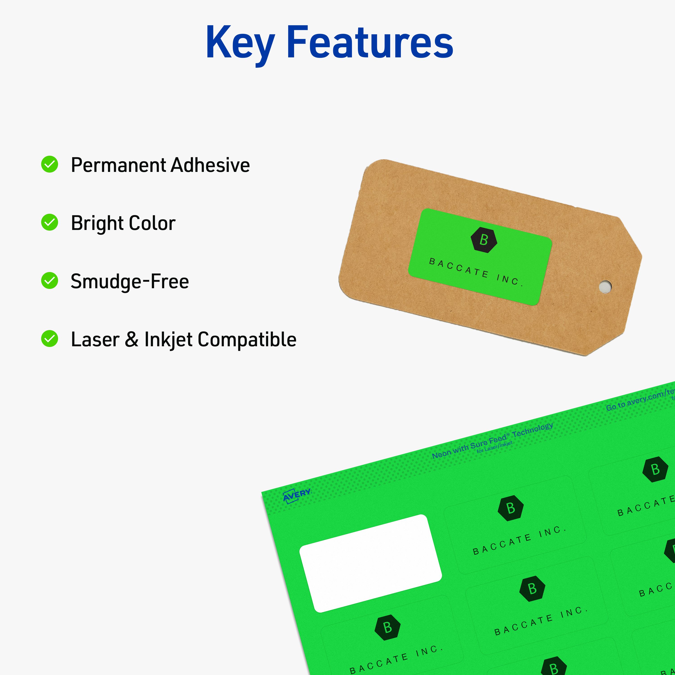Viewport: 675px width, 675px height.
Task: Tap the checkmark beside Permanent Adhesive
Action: coord(49,164)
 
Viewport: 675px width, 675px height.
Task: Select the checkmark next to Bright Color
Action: coord(49,223)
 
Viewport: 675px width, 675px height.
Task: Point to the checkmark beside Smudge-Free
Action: coord(49,281)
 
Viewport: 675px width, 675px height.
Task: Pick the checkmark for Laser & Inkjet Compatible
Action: coord(49,339)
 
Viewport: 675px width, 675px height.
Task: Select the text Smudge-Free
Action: coord(130,281)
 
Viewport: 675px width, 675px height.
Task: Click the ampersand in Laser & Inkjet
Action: coord(131,339)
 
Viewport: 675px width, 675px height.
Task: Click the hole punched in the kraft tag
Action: coord(605,287)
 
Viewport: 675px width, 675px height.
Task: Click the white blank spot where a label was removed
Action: coord(370,563)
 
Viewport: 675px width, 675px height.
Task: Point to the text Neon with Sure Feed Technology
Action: coord(492,441)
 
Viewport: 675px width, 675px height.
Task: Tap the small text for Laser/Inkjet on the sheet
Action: coord(494,448)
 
